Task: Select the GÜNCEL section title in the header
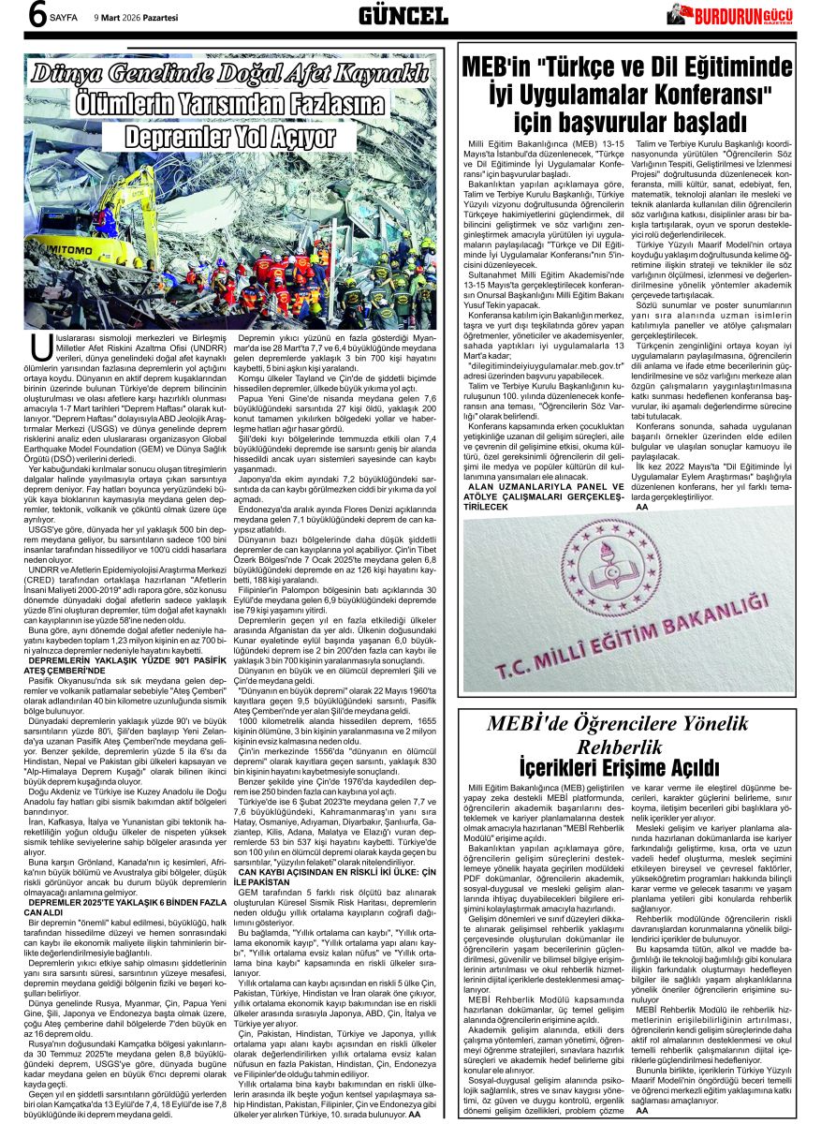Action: coord(403,15)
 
